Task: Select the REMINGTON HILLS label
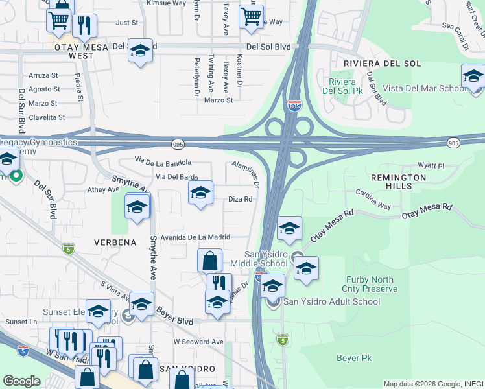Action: click(x=398, y=182)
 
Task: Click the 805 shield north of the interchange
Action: click(x=294, y=106)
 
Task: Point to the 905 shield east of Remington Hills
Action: click(x=453, y=142)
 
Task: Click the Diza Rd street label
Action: click(x=240, y=200)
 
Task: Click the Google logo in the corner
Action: click(x=21, y=381)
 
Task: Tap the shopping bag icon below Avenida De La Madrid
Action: click(x=209, y=261)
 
